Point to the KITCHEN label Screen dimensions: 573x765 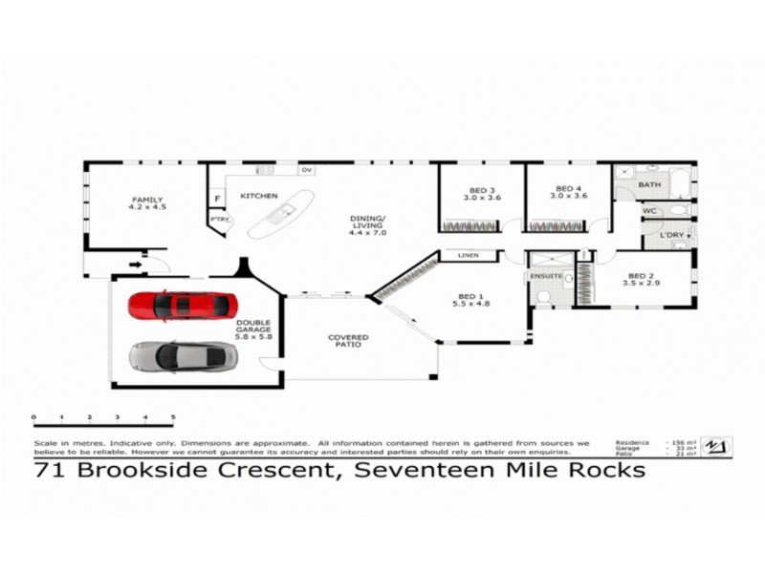click(258, 196)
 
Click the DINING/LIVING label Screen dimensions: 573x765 click(367, 224)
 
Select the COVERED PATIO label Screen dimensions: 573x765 click(348, 342)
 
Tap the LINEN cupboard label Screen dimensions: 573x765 click(468, 255)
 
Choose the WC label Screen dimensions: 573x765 click(648, 210)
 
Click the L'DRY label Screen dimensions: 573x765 click(670, 234)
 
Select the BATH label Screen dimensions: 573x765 click(650, 184)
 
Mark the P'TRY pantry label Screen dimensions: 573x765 click(219, 220)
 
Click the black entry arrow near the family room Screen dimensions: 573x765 click(136, 256)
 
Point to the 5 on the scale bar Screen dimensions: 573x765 click(173, 418)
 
